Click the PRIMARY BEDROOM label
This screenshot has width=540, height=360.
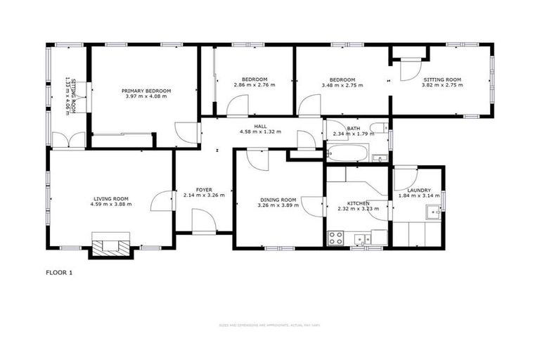(x=146, y=91)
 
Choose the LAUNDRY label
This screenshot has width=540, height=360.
(x=418, y=190)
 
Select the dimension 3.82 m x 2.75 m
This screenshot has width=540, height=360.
(x=442, y=85)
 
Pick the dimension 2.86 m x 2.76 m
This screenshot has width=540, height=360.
(x=254, y=85)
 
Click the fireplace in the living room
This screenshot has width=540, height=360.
(x=111, y=245)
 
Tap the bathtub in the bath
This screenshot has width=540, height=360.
(x=347, y=153)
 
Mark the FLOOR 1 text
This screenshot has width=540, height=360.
(x=59, y=272)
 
